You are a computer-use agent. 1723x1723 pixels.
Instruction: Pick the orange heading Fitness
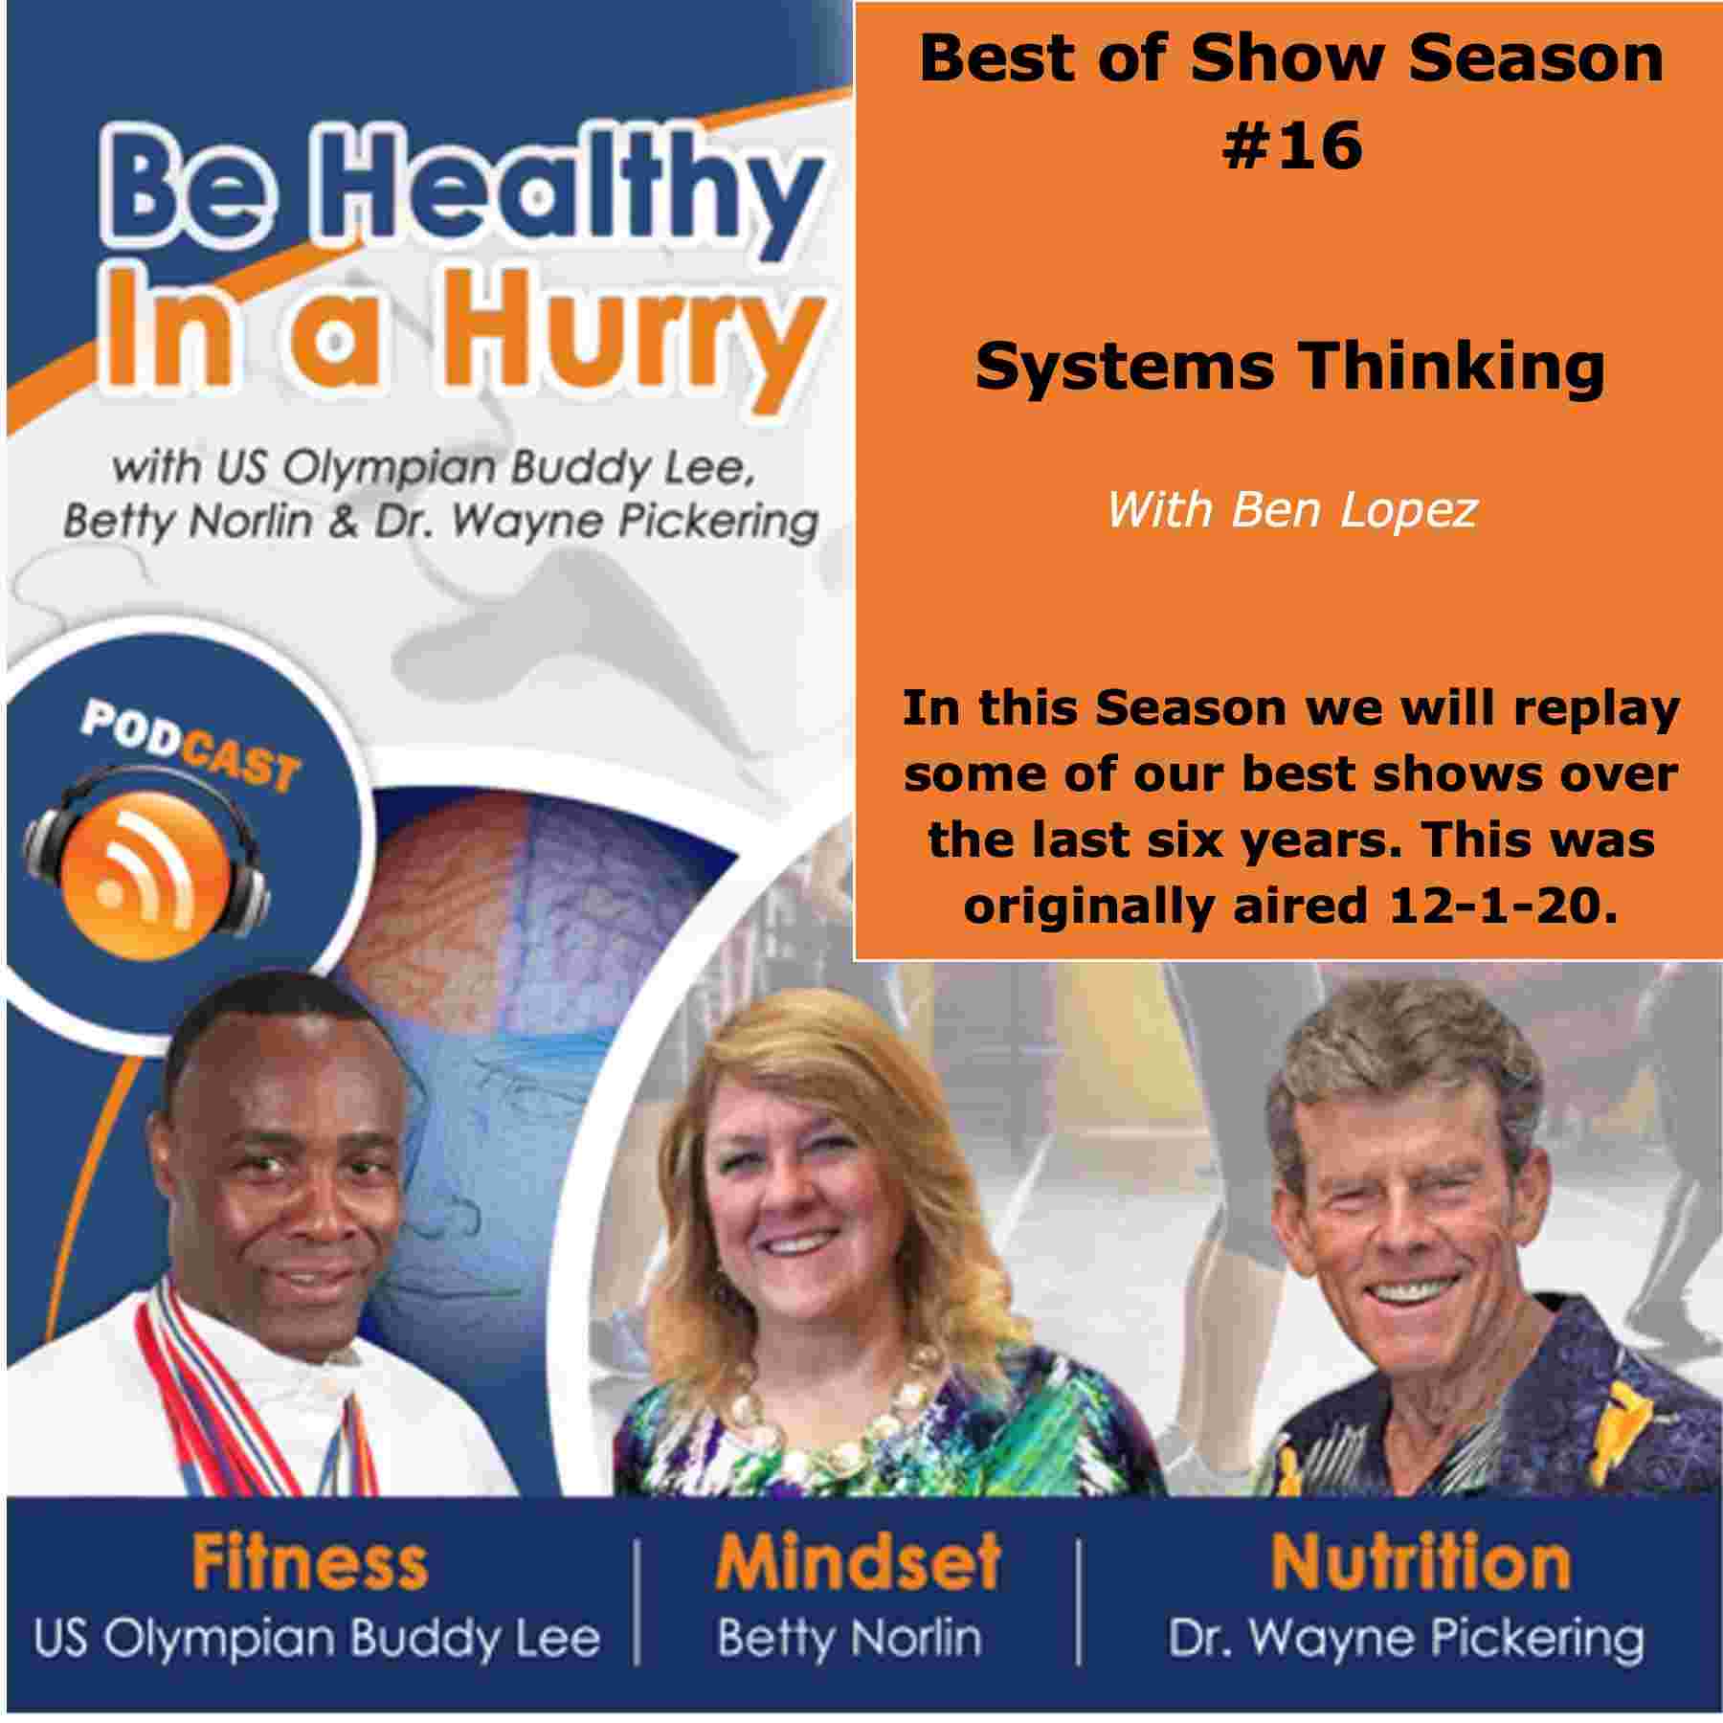click(x=310, y=1561)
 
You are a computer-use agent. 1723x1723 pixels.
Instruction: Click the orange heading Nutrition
click(x=1421, y=1561)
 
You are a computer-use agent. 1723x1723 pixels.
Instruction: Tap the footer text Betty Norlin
click(x=850, y=1638)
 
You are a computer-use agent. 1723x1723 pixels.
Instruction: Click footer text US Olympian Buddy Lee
click(x=317, y=1638)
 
